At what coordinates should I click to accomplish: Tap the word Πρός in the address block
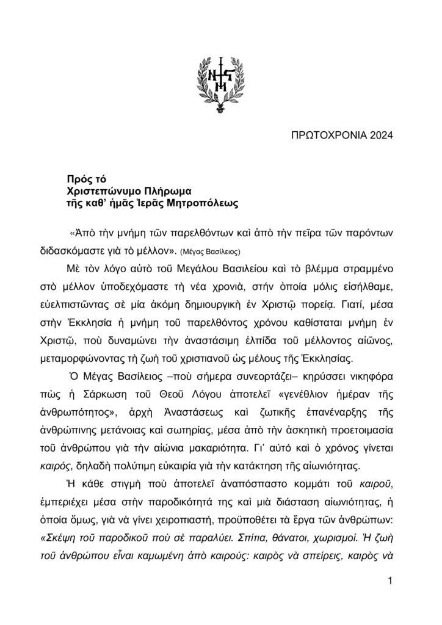coord(78,179)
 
